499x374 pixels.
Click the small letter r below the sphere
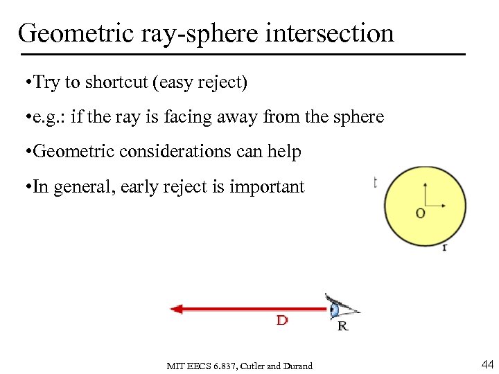click(444, 247)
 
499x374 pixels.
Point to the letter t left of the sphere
click(375, 181)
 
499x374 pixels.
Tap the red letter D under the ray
click(282, 321)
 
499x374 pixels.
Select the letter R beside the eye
click(343, 326)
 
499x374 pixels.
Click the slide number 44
click(487, 364)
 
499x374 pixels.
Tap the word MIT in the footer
click(176, 366)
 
